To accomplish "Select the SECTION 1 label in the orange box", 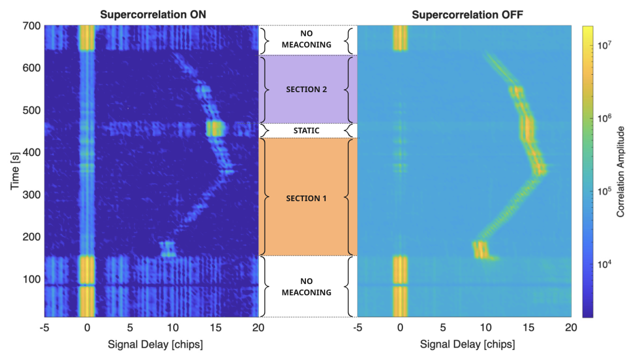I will pyautogui.click(x=307, y=198).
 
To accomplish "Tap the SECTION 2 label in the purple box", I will pyautogui.click(x=307, y=89).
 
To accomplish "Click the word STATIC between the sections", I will pyautogui.click(x=307, y=131).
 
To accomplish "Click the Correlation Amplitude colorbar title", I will pyautogui.click(x=621, y=171).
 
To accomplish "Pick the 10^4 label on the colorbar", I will pyautogui.click(x=603, y=264).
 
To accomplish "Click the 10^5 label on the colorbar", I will pyautogui.click(x=603, y=191).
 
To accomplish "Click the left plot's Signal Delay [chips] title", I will pyautogui.click(x=151, y=344).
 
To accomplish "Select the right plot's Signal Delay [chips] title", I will pyautogui.click(x=464, y=344).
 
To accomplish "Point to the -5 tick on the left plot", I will pyautogui.click(x=45, y=327).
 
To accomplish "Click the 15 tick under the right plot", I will pyautogui.click(x=529, y=327).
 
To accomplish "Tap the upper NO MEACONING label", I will pyautogui.click(x=307, y=40).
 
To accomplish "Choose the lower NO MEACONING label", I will pyautogui.click(x=307, y=286).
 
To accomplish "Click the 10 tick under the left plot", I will pyautogui.click(x=173, y=327).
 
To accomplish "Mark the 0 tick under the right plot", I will pyautogui.click(x=401, y=327).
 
